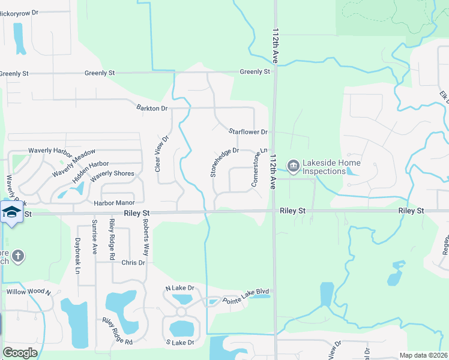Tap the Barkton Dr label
(x=152, y=109)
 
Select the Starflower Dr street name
(x=247, y=131)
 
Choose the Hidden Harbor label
(x=91, y=172)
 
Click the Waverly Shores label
(x=112, y=174)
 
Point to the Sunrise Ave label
(x=95, y=237)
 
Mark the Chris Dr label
(x=134, y=263)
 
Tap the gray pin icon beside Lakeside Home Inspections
(x=293, y=166)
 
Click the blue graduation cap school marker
(x=11, y=212)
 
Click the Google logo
(x=20, y=353)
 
